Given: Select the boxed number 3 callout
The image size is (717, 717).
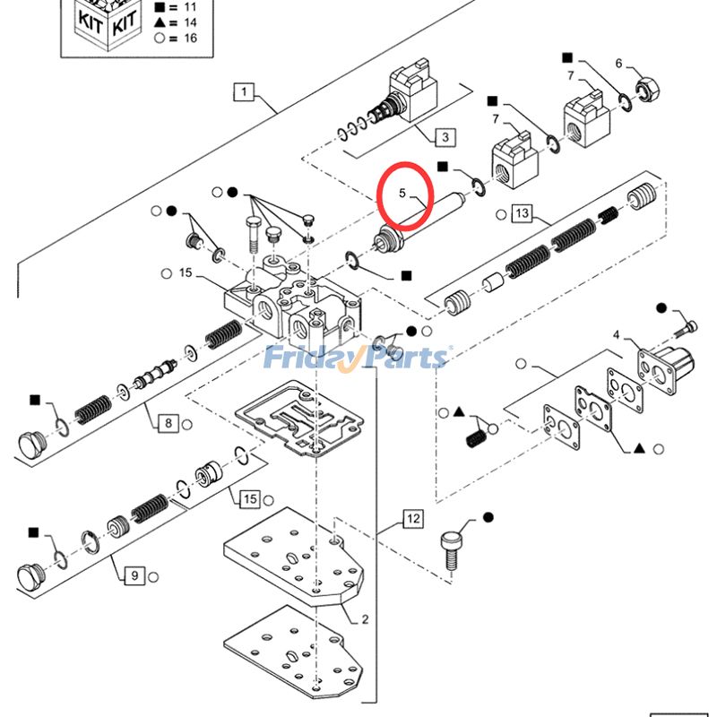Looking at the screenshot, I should point(445,137).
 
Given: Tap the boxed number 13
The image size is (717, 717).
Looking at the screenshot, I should point(522,212).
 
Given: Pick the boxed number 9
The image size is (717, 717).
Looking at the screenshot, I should point(133,575).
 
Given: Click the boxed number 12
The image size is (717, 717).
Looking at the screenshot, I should point(411,518).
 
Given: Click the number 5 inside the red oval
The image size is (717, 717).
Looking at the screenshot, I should point(402,193).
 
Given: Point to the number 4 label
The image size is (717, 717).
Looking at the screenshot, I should point(616,335).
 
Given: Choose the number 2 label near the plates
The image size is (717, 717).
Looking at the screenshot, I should point(365,618).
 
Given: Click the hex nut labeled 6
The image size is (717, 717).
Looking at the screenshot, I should point(645,90).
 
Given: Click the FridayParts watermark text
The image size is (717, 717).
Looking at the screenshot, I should point(357,358).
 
